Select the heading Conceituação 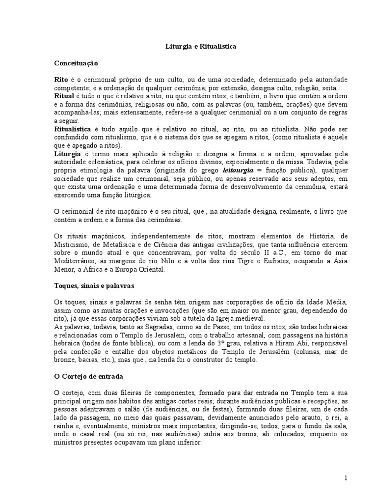(76, 63)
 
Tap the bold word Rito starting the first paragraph (61, 79)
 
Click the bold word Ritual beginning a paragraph (64, 95)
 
